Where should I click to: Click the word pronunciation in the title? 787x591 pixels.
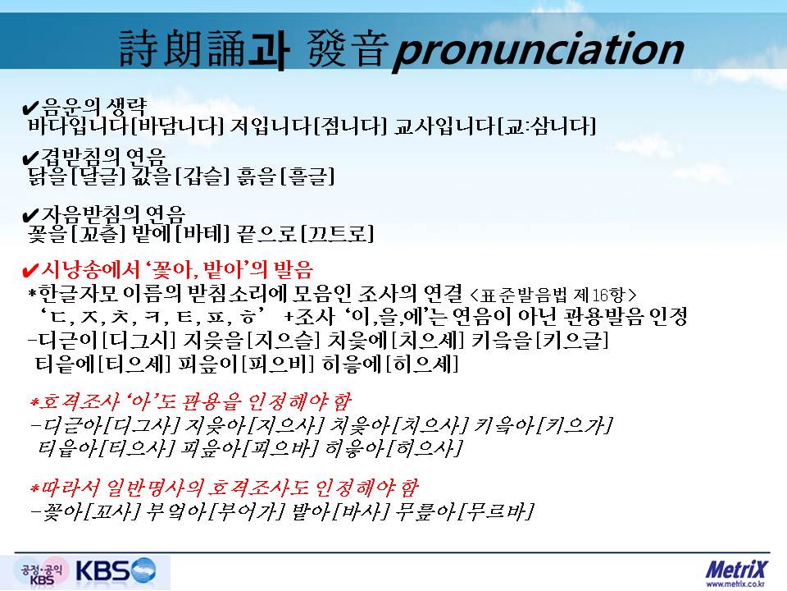click(x=538, y=50)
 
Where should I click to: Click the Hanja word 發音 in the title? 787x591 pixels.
click(x=348, y=48)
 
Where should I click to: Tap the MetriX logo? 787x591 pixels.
click(x=736, y=570)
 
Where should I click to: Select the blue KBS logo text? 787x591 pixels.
click(x=116, y=571)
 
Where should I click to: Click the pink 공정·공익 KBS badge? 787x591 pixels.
click(x=42, y=573)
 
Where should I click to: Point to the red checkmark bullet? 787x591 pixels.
click(x=30, y=271)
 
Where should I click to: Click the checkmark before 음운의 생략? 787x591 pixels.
click(x=30, y=107)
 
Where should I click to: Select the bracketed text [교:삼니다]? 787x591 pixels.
click(x=547, y=125)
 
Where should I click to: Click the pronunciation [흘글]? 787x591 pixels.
click(x=306, y=176)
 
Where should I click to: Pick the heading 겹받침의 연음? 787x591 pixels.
click(x=103, y=158)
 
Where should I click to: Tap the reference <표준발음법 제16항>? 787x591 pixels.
click(x=553, y=294)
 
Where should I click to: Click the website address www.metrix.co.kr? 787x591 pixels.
click(x=735, y=584)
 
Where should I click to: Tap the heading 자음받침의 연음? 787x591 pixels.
click(x=113, y=214)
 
